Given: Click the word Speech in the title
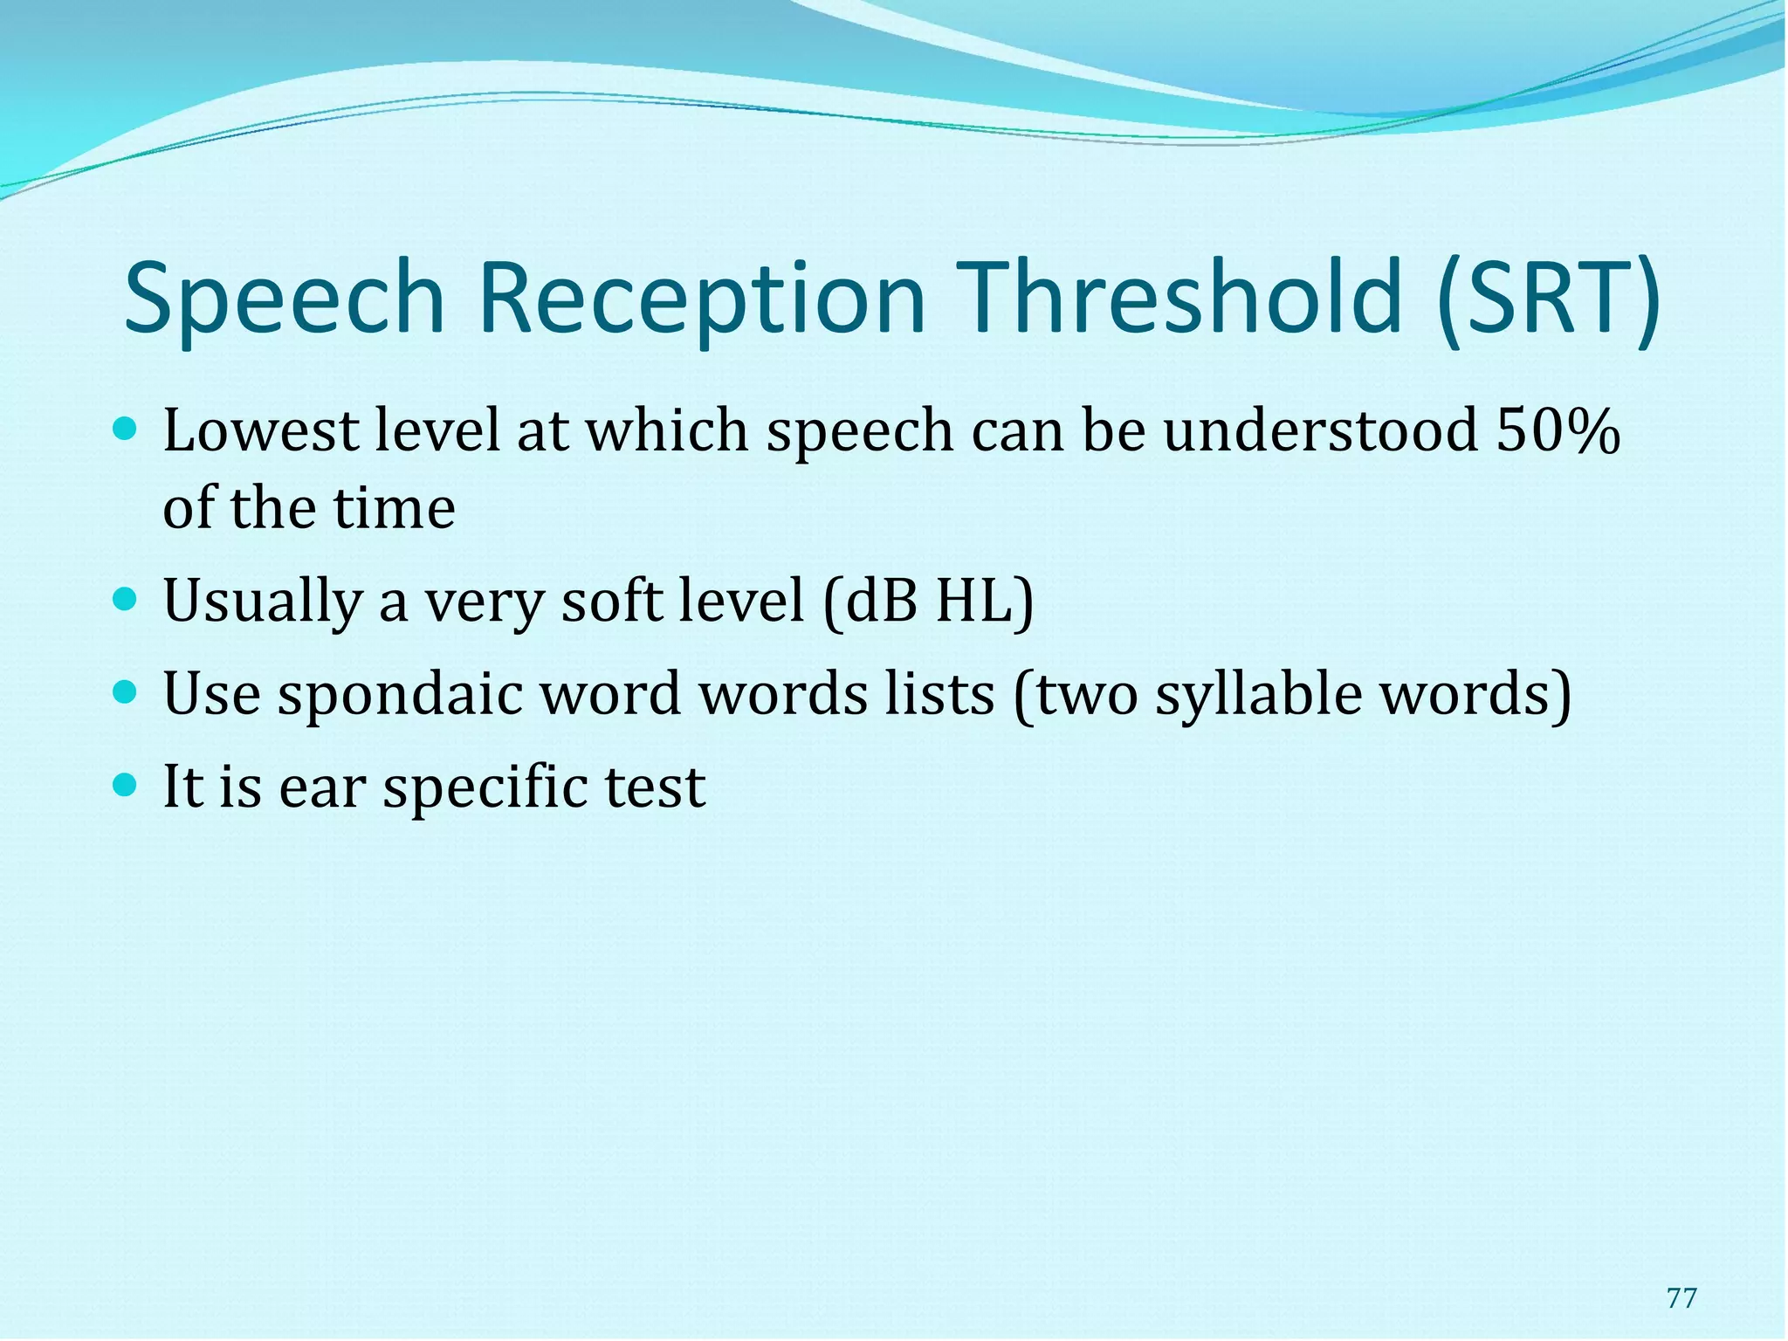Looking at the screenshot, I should pyautogui.click(x=285, y=299).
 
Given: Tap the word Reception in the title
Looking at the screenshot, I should pyautogui.click(x=702, y=299).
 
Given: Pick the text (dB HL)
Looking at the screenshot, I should pyautogui.click(x=928, y=602).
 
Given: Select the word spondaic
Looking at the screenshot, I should pyautogui.click(x=400, y=696).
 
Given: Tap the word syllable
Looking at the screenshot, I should pyautogui.click(x=1258, y=696).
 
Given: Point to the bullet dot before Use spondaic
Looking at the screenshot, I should pyautogui.click(x=126, y=693).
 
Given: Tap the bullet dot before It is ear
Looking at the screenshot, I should pyautogui.click(x=126, y=785).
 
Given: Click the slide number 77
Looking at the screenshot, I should pyautogui.click(x=1681, y=1298).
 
